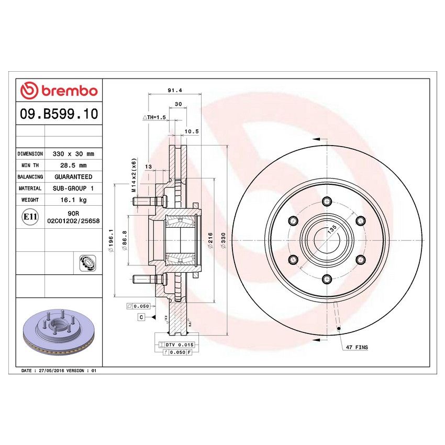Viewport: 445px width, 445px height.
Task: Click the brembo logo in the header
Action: click(x=59, y=91)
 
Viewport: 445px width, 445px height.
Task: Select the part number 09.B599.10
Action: click(x=59, y=114)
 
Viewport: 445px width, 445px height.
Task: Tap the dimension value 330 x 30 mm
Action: click(x=73, y=154)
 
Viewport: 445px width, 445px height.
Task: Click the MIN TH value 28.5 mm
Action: click(x=73, y=165)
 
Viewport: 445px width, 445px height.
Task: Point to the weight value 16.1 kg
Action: click(x=73, y=200)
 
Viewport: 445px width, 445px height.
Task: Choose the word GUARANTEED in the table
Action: click(x=73, y=177)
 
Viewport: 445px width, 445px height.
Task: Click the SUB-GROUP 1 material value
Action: click(x=73, y=188)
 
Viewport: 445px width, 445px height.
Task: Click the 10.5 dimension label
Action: click(x=192, y=131)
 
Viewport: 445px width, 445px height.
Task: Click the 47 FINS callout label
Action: click(x=356, y=347)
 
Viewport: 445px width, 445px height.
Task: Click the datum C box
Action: click(x=141, y=317)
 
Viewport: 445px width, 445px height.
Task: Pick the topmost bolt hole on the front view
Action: click(x=327, y=201)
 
